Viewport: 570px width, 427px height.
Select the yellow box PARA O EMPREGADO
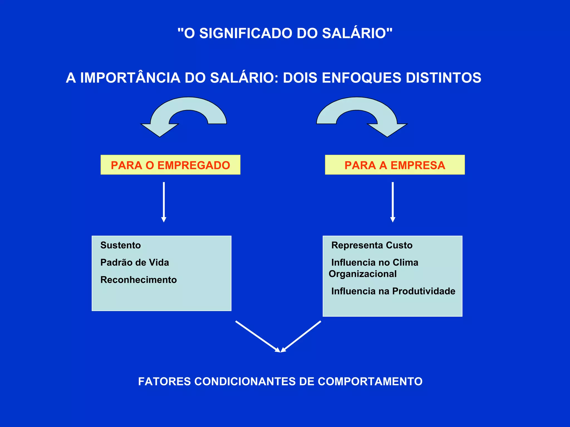[x=170, y=165]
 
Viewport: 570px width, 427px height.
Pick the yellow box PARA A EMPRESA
[x=395, y=165]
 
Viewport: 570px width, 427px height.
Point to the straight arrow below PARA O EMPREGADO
[x=164, y=202]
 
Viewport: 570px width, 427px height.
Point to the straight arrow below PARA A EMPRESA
[x=393, y=202]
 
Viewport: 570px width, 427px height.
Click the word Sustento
[x=121, y=245]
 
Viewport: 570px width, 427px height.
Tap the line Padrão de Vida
[x=135, y=262]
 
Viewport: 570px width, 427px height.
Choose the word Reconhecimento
[x=139, y=280]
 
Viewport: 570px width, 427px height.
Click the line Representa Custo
[x=372, y=245]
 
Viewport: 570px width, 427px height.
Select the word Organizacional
[x=363, y=274]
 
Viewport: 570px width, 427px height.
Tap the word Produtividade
[x=424, y=291]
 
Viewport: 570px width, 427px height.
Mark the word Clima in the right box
[x=405, y=262]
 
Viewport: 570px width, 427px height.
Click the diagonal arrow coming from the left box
[x=257, y=336]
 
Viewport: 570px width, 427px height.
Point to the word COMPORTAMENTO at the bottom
[x=370, y=381]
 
